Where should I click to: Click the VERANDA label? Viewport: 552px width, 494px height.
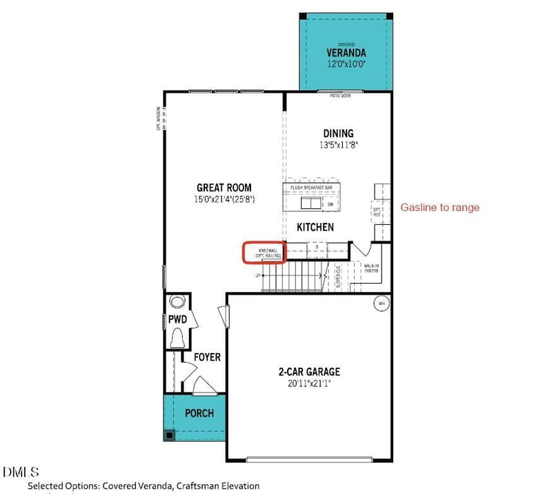pyautogui.click(x=346, y=52)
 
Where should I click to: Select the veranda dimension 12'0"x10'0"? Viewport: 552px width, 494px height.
pyautogui.click(x=346, y=64)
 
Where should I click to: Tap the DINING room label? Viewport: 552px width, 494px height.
pyautogui.click(x=338, y=133)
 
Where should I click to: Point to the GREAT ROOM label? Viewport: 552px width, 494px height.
pyautogui.click(x=224, y=187)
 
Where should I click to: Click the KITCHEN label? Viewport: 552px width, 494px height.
pyautogui.click(x=315, y=227)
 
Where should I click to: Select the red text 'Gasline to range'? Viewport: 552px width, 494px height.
pyautogui.click(x=440, y=207)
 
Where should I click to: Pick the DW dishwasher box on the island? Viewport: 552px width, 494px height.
pyautogui.click(x=331, y=204)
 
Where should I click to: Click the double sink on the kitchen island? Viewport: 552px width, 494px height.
pyautogui.click(x=310, y=204)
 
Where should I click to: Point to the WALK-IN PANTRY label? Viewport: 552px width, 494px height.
pyautogui.click(x=372, y=268)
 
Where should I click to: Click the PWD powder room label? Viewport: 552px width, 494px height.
pyautogui.click(x=177, y=319)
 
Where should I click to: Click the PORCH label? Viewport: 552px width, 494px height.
pyautogui.click(x=199, y=413)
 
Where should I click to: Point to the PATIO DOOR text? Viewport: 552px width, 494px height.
pyautogui.click(x=340, y=96)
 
